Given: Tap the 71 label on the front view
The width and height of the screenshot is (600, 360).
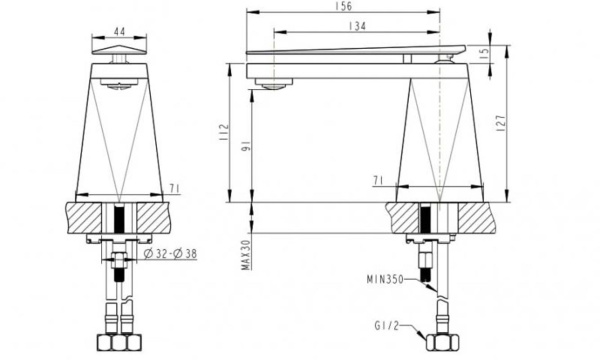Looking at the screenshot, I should [x=173, y=187].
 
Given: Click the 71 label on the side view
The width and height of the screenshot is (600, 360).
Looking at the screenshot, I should [x=377, y=181].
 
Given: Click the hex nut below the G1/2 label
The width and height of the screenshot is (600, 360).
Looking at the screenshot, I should [x=438, y=343].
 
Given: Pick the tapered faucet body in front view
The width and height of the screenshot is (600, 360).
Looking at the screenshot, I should [x=120, y=130].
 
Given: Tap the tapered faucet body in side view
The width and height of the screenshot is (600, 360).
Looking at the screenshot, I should [x=440, y=130].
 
